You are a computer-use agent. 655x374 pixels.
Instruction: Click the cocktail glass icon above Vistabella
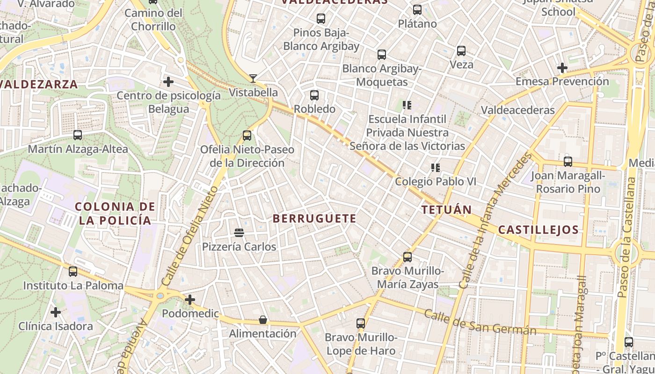tap(253, 78)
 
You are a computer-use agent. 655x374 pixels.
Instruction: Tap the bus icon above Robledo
tap(314, 95)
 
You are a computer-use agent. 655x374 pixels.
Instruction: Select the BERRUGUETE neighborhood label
tap(314, 218)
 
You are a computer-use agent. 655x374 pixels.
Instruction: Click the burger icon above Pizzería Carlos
tap(239, 232)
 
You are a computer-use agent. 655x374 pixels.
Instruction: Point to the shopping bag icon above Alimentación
tap(263, 320)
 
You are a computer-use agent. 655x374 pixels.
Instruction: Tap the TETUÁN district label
tap(446, 209)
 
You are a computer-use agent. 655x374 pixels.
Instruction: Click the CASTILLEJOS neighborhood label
tap(538, 230)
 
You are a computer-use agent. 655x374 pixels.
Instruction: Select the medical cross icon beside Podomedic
tap(190, 299)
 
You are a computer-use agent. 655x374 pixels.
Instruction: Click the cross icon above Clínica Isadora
tap(56, 312)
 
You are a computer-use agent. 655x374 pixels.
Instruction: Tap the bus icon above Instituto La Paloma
tap(73, 272)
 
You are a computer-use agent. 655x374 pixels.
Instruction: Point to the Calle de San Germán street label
tap(480, 323)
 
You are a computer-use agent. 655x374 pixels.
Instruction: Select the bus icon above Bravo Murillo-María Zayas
tap(408, 257)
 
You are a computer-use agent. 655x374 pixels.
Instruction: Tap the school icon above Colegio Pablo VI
tap(436, 167)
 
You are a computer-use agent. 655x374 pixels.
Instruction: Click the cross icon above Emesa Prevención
tap(562, 68)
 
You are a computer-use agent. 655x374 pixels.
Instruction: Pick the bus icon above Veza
tap(461, 51)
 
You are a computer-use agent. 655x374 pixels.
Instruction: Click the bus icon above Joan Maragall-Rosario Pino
tap(568, 162)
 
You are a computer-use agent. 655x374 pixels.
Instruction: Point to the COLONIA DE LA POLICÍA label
tap(115, 213)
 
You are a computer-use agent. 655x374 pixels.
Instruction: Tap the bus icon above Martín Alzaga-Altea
tap(78, 135)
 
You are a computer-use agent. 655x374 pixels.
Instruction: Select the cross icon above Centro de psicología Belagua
tap(168, 82)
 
